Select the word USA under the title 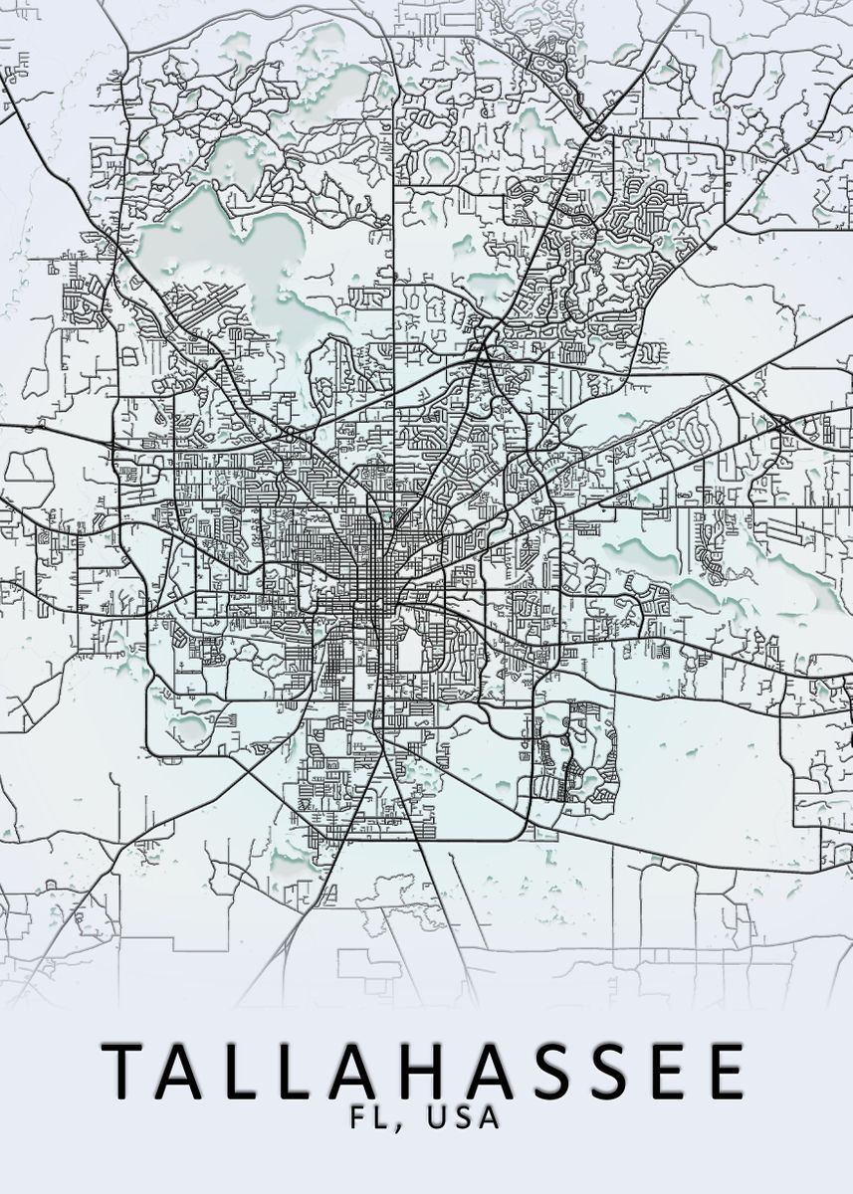point(462,1117)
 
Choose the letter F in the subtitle point(355,1117)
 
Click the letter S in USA point(462,1117)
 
